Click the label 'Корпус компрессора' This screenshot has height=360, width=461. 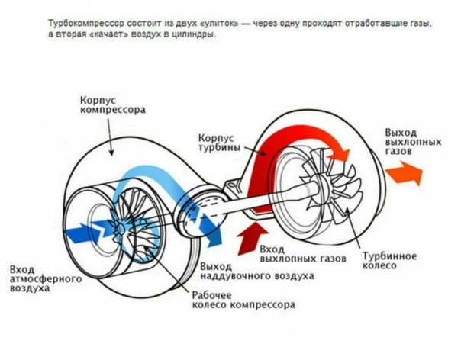click(111, 104)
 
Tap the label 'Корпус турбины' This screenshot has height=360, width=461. click(219, 140)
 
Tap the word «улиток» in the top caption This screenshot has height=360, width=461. click(212, 24)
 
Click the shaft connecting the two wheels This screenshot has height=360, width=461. click(260, 204)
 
